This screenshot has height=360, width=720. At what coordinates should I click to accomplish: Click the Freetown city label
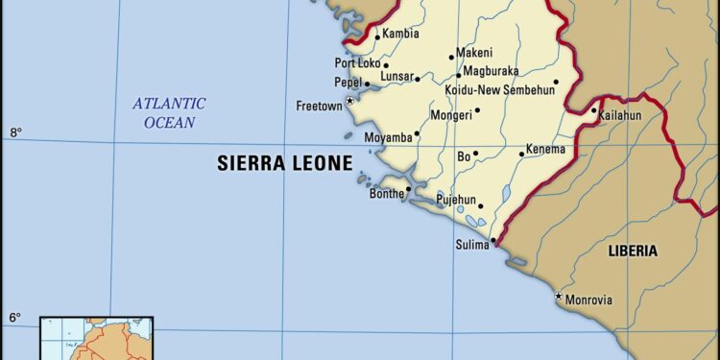(x=318, y=106)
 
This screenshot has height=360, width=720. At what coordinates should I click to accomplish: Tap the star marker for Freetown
(x=349, y=100)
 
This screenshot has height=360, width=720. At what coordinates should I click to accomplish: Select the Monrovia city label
(x=588, y=300)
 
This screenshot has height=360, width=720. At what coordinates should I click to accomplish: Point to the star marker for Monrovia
(x=559, y=297)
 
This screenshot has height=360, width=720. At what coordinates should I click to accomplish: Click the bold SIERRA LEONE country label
(x=284, y=163)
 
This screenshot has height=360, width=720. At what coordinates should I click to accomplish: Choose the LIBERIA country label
(x=633, y=251)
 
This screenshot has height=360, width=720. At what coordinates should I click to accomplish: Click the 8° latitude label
(x=16, y=132)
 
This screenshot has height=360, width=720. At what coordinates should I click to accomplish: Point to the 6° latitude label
(x=16, y=317)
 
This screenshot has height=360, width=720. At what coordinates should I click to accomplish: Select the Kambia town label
(x=400, y=34)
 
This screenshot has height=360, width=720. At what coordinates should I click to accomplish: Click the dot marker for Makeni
(x=450, y=59)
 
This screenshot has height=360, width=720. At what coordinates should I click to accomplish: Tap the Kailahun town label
(x=619, y=116)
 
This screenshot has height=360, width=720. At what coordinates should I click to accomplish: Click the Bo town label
(x=463, y=155)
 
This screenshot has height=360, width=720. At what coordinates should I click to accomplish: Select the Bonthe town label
(x=387, y=193)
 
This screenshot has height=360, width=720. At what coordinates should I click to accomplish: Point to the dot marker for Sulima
(x=492, y=241)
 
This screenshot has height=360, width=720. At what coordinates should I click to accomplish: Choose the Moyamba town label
(x=388, y=138)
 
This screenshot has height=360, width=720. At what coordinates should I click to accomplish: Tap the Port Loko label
(x=358, y=64)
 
